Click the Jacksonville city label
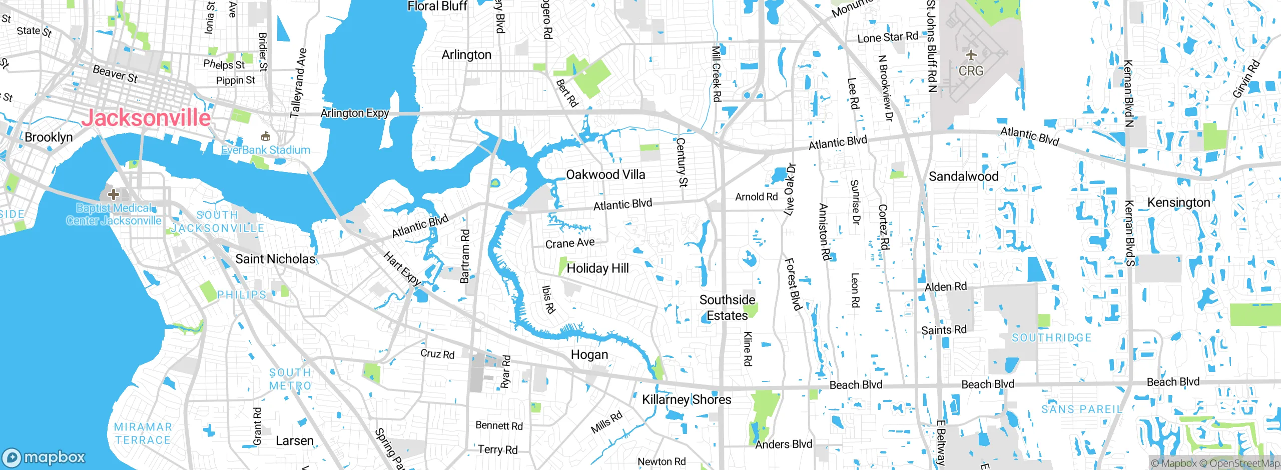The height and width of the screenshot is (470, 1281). [146, 118]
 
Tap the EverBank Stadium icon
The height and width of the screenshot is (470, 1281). [266, 136]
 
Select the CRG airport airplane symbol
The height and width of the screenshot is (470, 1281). [971, 55]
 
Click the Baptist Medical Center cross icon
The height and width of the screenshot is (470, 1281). [114, 194]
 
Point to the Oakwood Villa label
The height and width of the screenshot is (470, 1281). [605, 174]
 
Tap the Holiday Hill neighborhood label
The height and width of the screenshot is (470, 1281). [597, 268]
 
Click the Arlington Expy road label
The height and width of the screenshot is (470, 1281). [354, 113]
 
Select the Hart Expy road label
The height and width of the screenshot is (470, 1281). [402, 268]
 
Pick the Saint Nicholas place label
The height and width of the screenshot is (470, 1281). [275, 259]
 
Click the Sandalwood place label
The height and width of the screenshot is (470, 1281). [963, 176]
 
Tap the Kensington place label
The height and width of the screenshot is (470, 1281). [1178, 202]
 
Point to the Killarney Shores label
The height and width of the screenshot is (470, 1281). [687, 399]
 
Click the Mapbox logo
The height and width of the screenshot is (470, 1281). [44, 457]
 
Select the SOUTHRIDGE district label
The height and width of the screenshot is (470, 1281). [1051, 338]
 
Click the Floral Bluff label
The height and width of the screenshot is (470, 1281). [437, 6]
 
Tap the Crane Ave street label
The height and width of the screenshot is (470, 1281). [570, 243]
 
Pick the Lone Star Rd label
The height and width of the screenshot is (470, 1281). [888, 37]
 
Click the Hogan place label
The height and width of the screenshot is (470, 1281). [589, 354]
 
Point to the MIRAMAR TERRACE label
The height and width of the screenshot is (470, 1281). [143, 433]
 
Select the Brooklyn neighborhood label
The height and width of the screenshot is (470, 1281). [49, 137]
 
